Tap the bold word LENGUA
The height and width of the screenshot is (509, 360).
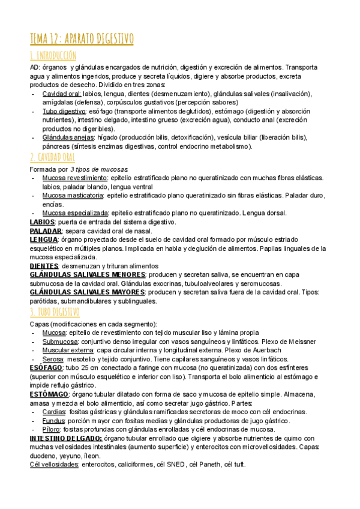[44, 239]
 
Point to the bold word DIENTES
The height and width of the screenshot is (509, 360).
[44, 266]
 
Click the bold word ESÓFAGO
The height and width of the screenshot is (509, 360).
[46, 367]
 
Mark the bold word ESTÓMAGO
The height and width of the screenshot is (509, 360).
[50, 394]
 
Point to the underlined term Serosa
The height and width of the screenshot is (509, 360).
[53, 358]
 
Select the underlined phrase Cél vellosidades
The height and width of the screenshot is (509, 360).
[54, 465]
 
